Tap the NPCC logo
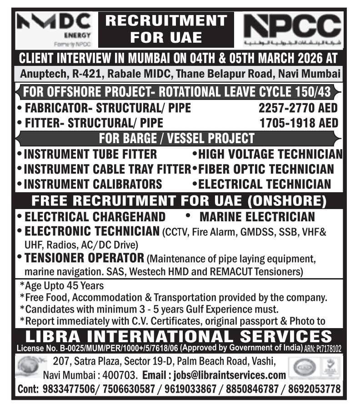tap(292, 30)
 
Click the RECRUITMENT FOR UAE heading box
tap(166, 29)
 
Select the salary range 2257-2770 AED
tap(299, 108)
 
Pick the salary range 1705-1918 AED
tap(299, 123)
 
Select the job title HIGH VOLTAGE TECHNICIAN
tap(270, 155)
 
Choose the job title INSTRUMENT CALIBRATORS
tap(93, 184)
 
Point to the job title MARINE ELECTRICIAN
tap(257, 216)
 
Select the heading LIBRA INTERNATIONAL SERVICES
tap(179, 337)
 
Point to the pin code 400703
tap(123, 376)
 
